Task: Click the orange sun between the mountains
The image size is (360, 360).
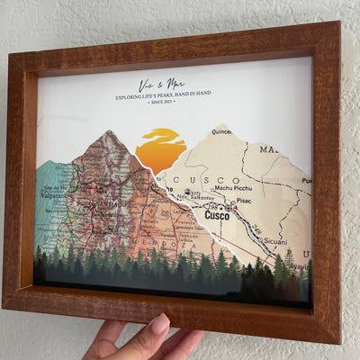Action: click(161, 150)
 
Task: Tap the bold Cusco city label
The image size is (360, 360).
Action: click(217, 215)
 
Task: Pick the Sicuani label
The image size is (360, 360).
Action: click(274, 241)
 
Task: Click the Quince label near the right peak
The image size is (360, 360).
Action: click(221, 131)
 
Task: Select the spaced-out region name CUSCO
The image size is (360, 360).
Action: click(199, 180)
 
